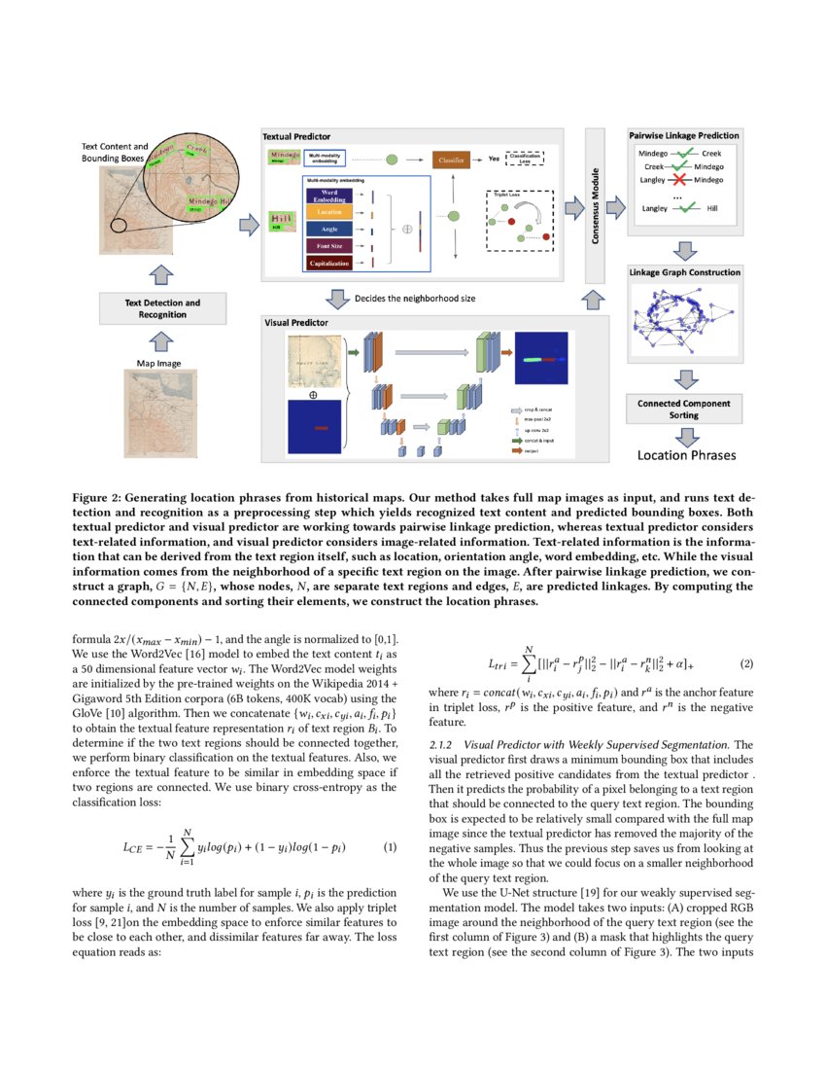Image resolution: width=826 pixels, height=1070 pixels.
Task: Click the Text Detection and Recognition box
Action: [162, 308]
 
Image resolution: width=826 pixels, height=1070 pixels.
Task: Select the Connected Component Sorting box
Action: [684, 409]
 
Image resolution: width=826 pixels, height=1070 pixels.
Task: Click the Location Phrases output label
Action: [686, 454]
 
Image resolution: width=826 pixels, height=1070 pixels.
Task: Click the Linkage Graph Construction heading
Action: [684, 272]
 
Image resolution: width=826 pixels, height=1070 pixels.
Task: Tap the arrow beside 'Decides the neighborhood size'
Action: [339, 298]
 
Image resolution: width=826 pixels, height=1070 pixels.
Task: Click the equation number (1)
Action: [391, 847]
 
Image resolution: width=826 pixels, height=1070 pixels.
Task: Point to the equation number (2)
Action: [746, 664]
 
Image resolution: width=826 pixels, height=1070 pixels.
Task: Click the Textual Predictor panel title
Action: [297, 136]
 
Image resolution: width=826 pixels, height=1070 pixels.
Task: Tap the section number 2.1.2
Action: [442, 744]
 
